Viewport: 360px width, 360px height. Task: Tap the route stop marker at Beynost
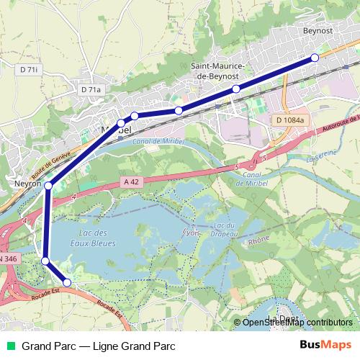(x=315, y=58)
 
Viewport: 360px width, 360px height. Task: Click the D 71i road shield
(x=28, y=70)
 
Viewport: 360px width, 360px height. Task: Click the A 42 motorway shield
(x=130, y=182)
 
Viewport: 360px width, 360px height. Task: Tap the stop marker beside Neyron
(x=48, y=186)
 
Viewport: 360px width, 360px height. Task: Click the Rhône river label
(x=258, y=243)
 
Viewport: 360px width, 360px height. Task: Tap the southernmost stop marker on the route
(x=67, y=283)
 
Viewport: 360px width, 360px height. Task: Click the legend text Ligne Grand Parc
(x=136, y=346)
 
